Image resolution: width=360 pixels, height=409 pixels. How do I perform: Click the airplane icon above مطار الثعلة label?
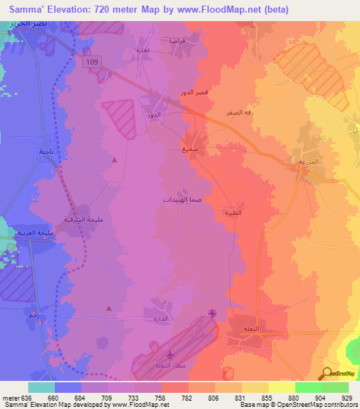pyautogui.click(x=169, y=355)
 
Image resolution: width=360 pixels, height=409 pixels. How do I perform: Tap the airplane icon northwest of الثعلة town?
pyautogui.click(x=214, y=313)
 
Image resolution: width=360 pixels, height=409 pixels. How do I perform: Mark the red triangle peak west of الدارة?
pyautogui.click(x=108, y=308)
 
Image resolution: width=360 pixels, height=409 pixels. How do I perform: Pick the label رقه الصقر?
pyautogui.click(x=240, y=112)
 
